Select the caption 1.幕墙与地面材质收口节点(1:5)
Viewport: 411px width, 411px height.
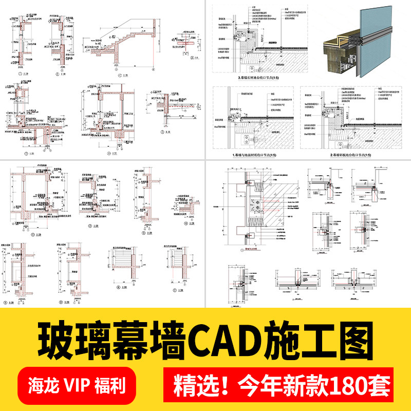coord(252,154)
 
